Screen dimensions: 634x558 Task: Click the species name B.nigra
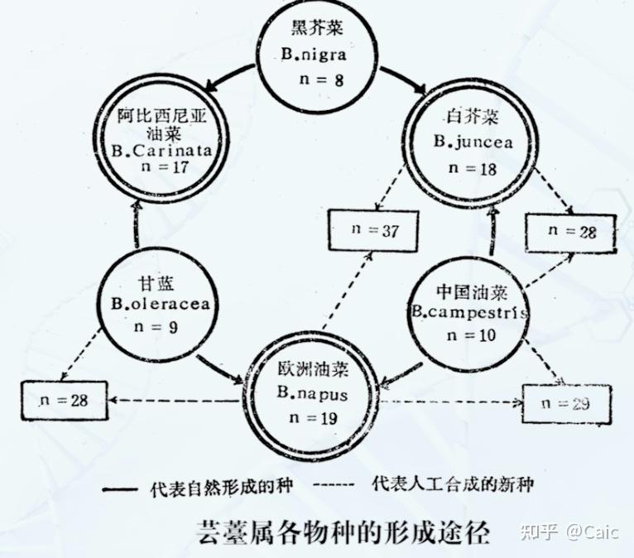click(314, 54)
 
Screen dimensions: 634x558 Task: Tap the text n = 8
click(321, 79)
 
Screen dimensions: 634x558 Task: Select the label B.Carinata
click(161, 151)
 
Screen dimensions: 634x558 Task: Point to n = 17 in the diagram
click(165, 166)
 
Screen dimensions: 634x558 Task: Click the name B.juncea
click(473, 142)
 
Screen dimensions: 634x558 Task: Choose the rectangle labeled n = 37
click(372, 230)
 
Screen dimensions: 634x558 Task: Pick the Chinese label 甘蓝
click(156, 282)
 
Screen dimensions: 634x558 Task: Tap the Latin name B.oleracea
click(161, 304)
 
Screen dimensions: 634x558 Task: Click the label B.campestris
click(470, 312)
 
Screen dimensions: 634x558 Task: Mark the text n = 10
click(471, 335)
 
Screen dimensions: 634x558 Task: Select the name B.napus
click(312, 393)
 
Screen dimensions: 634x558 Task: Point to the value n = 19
click(314, 418)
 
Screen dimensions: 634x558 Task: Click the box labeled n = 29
click(566, 403)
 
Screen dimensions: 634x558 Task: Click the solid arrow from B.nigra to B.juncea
click(403, 79)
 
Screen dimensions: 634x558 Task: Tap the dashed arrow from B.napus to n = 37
click(348, 289)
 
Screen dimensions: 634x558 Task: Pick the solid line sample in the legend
click(120, 489)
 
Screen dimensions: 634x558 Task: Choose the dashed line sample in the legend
click(334, 484)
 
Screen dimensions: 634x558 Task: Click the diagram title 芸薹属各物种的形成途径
click(343, 532)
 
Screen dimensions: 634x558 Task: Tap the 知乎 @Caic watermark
click(569, 532)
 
